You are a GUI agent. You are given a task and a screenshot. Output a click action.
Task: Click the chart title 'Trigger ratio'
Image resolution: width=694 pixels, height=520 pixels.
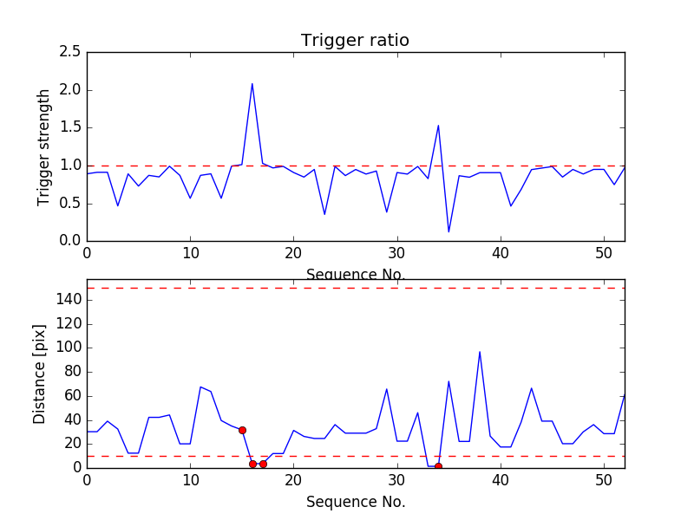(355, 41)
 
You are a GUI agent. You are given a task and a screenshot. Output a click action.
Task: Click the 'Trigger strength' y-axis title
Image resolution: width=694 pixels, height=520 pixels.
(44, 147)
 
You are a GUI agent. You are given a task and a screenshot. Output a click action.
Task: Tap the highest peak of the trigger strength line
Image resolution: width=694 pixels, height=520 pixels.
(252, 84)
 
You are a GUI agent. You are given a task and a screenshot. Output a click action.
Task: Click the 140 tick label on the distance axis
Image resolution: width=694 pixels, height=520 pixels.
(69, 300)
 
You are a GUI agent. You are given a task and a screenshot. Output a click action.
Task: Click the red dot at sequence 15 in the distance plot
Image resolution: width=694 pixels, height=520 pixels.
(242, 430)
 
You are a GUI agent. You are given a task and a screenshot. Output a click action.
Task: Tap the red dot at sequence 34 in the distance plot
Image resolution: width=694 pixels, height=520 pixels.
(438, 466)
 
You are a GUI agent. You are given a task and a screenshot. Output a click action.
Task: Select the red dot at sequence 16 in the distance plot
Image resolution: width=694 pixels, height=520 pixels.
(252, 464)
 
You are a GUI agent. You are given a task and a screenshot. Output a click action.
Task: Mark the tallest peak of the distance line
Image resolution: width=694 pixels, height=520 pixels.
(480, 352)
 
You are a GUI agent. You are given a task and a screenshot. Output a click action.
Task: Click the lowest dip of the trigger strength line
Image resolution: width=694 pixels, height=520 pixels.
(448, 231)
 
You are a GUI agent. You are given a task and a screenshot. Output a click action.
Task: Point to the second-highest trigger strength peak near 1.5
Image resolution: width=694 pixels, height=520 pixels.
(438, 126)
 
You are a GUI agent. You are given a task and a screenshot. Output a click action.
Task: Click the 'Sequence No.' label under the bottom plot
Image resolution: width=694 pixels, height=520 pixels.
(355, 502)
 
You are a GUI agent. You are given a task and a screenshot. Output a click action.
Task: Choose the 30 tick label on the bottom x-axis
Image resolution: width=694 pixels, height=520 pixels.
(397, 479)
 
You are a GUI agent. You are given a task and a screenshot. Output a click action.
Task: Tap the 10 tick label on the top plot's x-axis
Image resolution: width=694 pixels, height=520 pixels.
(190, 253)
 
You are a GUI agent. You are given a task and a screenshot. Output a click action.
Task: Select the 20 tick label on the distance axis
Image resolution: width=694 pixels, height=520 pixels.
(72, 444)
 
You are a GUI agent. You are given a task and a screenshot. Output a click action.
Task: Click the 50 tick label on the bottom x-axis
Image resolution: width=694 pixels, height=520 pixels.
(604, 479)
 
